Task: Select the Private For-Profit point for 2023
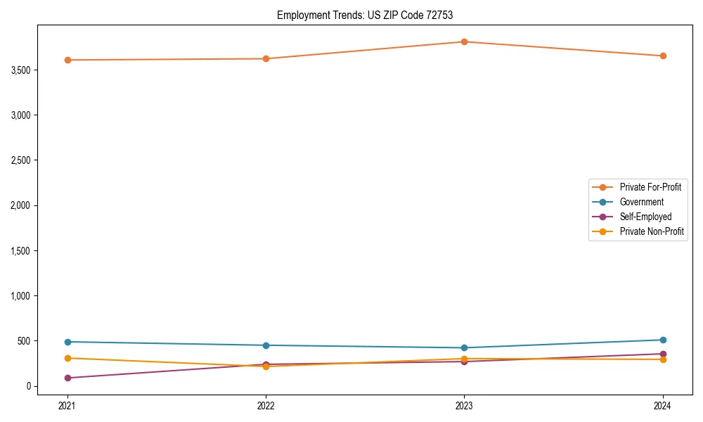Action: point(464,41)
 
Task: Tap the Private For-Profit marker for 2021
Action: point(67,60)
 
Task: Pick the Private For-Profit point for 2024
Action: point(663,56)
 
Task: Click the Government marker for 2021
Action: point(67,342)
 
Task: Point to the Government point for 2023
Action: point(464,347)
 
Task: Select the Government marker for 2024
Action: point(663,340)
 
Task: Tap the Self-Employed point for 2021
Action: point(67,378)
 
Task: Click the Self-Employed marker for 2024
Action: point(663,354)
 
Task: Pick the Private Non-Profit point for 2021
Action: point(67,358)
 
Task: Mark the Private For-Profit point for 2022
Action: point(266,58)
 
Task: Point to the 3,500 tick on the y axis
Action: point(21,70)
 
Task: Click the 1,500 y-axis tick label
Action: point(21,251)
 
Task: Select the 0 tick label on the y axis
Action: point(30,386)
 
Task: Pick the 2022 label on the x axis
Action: point(266,405)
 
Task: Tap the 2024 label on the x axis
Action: point(663,405)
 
